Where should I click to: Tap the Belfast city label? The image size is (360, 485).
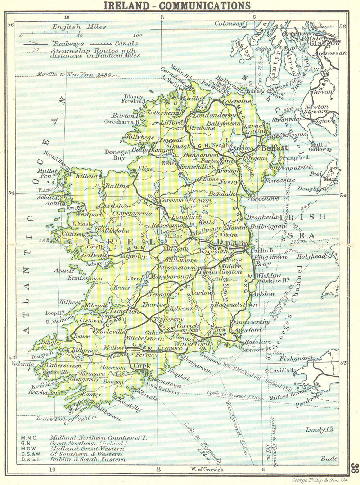pyautogui.click(x=275, y=148)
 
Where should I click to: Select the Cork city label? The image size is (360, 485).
pyautogui.click(x=141, y=366)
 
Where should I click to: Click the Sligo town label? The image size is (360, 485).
pyautogui.click(x=146, y=169)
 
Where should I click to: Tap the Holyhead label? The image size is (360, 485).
pyautogui.click(x=311, y=257)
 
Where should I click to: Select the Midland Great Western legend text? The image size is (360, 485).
pyautogui.click(x=87, y=449)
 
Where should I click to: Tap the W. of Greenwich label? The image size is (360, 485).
pyautogui.click(x=206, y=469)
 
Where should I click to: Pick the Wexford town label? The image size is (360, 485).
pyautogui.click(x=248, y=329)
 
